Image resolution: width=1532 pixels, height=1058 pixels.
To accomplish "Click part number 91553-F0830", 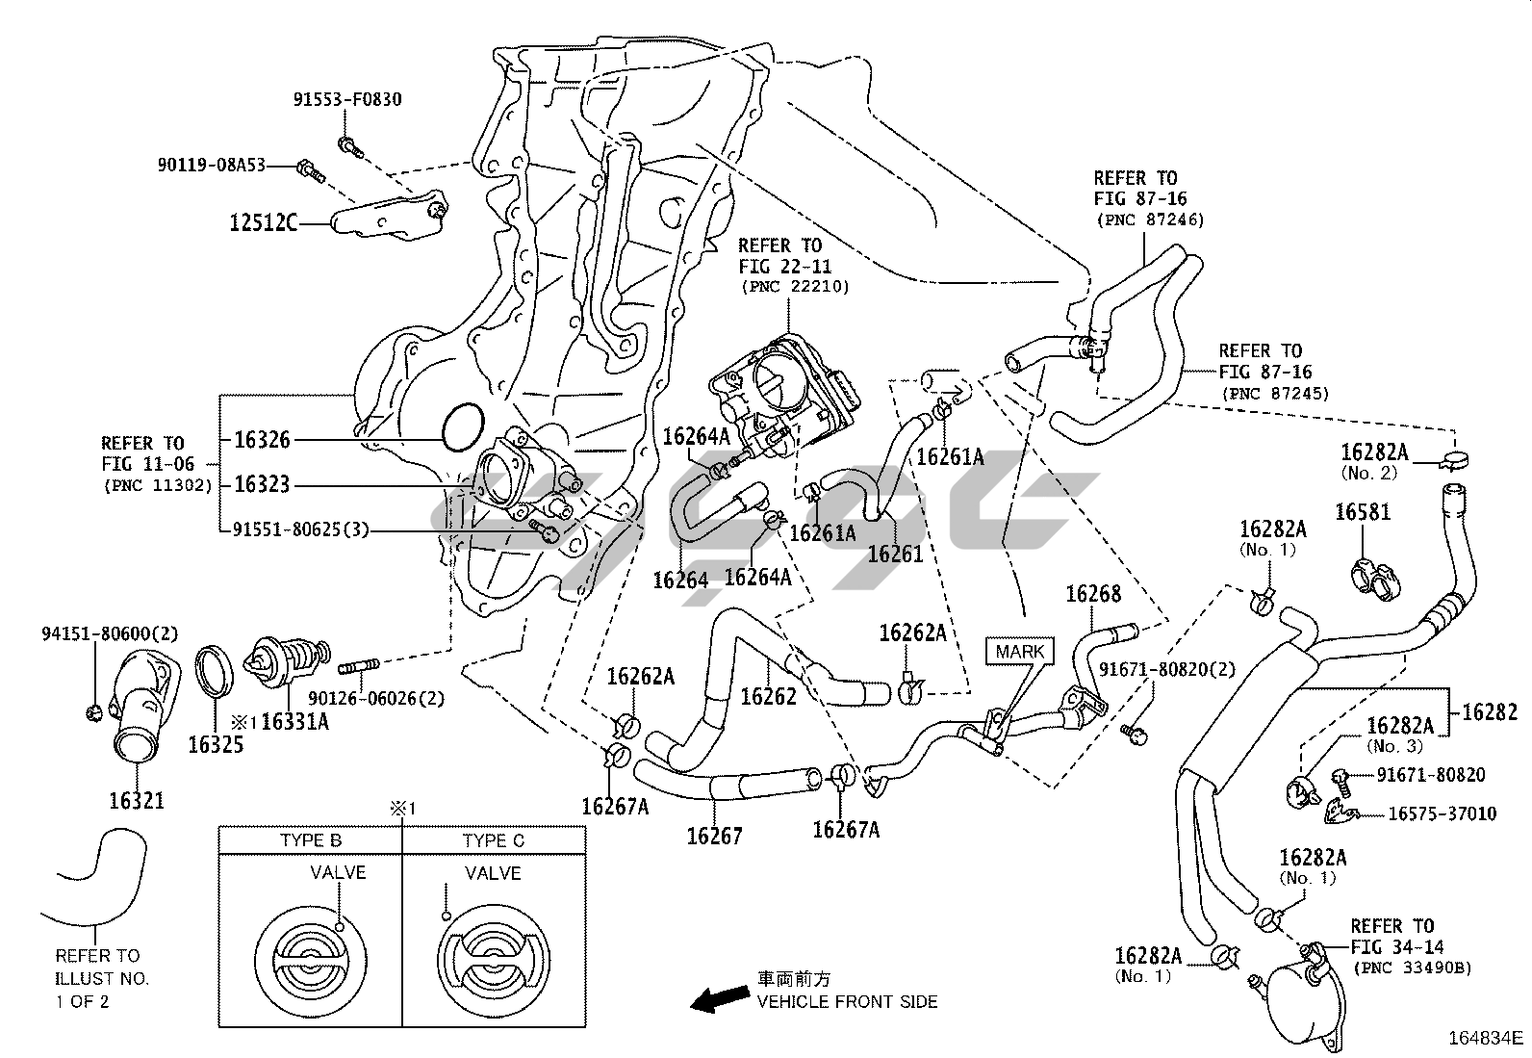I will [x=347, y=99].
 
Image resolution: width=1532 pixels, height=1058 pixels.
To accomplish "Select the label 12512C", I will [x=264, y=223].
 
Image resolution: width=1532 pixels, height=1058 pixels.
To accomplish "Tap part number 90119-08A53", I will [x=211, y=166].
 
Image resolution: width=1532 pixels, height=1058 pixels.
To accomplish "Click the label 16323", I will [x=262, y=484].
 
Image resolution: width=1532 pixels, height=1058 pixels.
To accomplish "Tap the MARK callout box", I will [x=1019, y=652].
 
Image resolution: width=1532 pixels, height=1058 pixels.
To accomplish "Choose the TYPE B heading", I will [x=310, y=840].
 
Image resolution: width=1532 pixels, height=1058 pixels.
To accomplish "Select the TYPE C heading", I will [x=493, y=840].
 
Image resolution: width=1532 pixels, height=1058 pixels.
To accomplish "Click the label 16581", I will [x=1362, y=512].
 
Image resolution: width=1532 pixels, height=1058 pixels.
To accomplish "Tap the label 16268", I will [x=1093, y=594].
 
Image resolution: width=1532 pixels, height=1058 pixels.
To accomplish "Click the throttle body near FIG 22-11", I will [x=784, y=390].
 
